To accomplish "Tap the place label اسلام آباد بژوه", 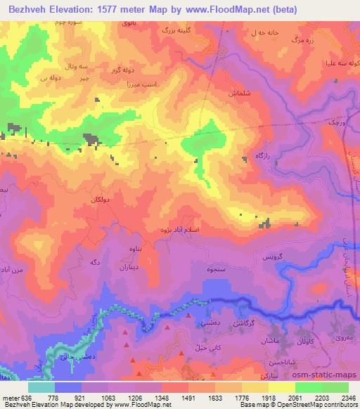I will [x=183, y=229].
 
